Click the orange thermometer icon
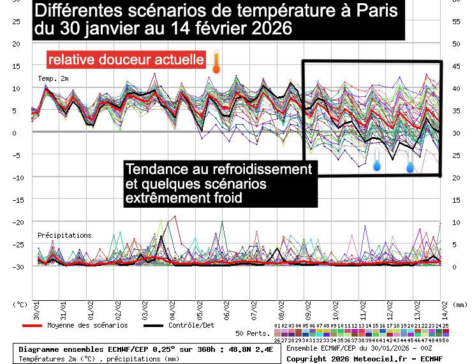coord(216,62)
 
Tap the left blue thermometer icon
coord(377,162)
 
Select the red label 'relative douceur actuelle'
coord(126,60)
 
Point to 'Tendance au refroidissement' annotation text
coord(219,170)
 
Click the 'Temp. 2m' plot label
coord(54,78)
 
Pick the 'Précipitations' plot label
coord(64,235)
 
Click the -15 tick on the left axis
coord(18,200)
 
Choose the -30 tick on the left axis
coord(18,266)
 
